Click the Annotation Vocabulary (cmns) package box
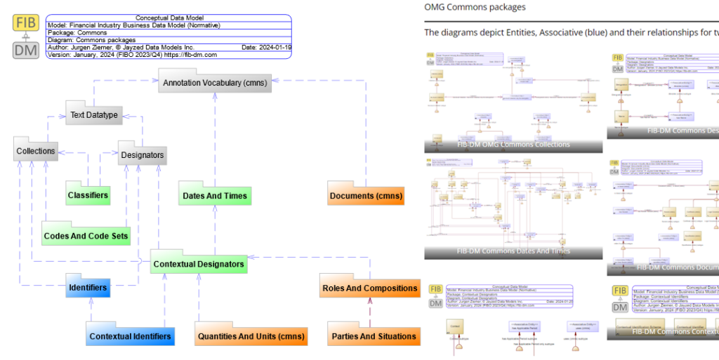click(x=215, y=83)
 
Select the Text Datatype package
click(x=94, y=115)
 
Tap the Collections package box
click(x=35, y=151)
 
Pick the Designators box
click(x=143, y=155)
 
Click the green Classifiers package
click(x=88, y=194)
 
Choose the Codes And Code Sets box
click(x=86, y=236)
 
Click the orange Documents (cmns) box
click(x=366, y=195)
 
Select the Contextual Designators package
click(x=199, y=264)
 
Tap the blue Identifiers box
click(x=88, y=287)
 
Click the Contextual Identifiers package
click(x=130, y=336)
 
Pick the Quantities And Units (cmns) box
click(x=251, y=336)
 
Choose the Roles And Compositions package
click(x=369, y=288)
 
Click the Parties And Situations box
click(x=374, y=336)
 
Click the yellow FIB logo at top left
click(x=27, y=23)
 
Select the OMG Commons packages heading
click(x=475, y=7)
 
